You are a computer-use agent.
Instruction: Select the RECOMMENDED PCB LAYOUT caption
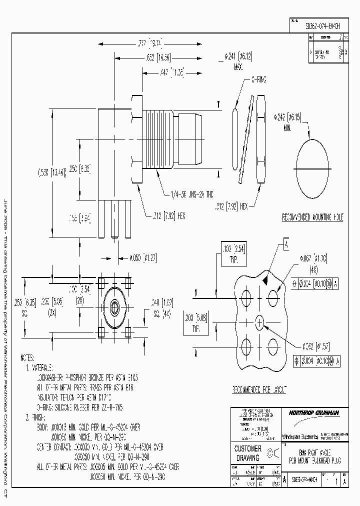(259, 389)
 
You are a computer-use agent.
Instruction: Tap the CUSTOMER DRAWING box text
(248, 453)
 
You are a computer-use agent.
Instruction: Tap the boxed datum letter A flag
(286, 244)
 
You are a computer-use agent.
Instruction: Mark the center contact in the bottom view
(115, 306)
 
